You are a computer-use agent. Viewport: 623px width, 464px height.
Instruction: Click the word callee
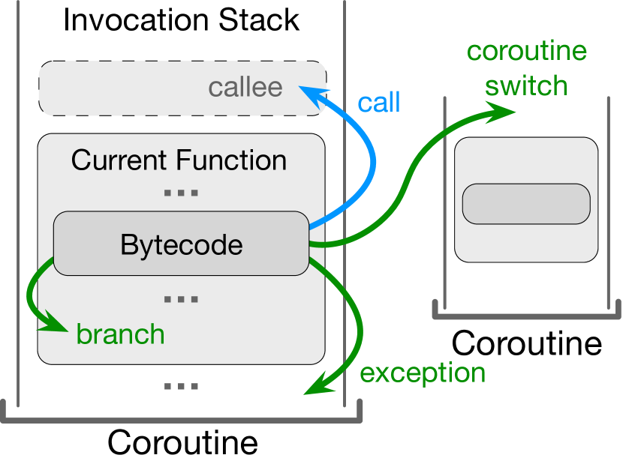coord(245,88)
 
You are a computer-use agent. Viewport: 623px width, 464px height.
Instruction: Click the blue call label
coord(378,103)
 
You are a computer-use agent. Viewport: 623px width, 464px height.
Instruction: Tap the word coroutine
coord(527,52)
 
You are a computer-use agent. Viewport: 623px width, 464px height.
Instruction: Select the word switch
coord(526,85)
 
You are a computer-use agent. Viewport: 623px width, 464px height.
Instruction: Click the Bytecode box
coord(181,244)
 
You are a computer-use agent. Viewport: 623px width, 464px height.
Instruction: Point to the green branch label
coord(120,334)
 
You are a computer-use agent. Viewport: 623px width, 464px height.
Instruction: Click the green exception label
coord(423,373)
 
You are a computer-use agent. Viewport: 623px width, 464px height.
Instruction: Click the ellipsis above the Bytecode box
coord(181,193)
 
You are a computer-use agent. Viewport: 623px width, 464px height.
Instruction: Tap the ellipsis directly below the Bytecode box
coord(181,300)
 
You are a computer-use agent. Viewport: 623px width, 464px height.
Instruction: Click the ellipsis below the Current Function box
coord(181,387)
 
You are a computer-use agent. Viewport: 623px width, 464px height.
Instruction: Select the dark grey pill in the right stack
coord(526,204)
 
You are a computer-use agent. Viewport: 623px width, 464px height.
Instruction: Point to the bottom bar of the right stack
coord(526,314)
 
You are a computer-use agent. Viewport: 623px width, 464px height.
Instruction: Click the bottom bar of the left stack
coord(181,416)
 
